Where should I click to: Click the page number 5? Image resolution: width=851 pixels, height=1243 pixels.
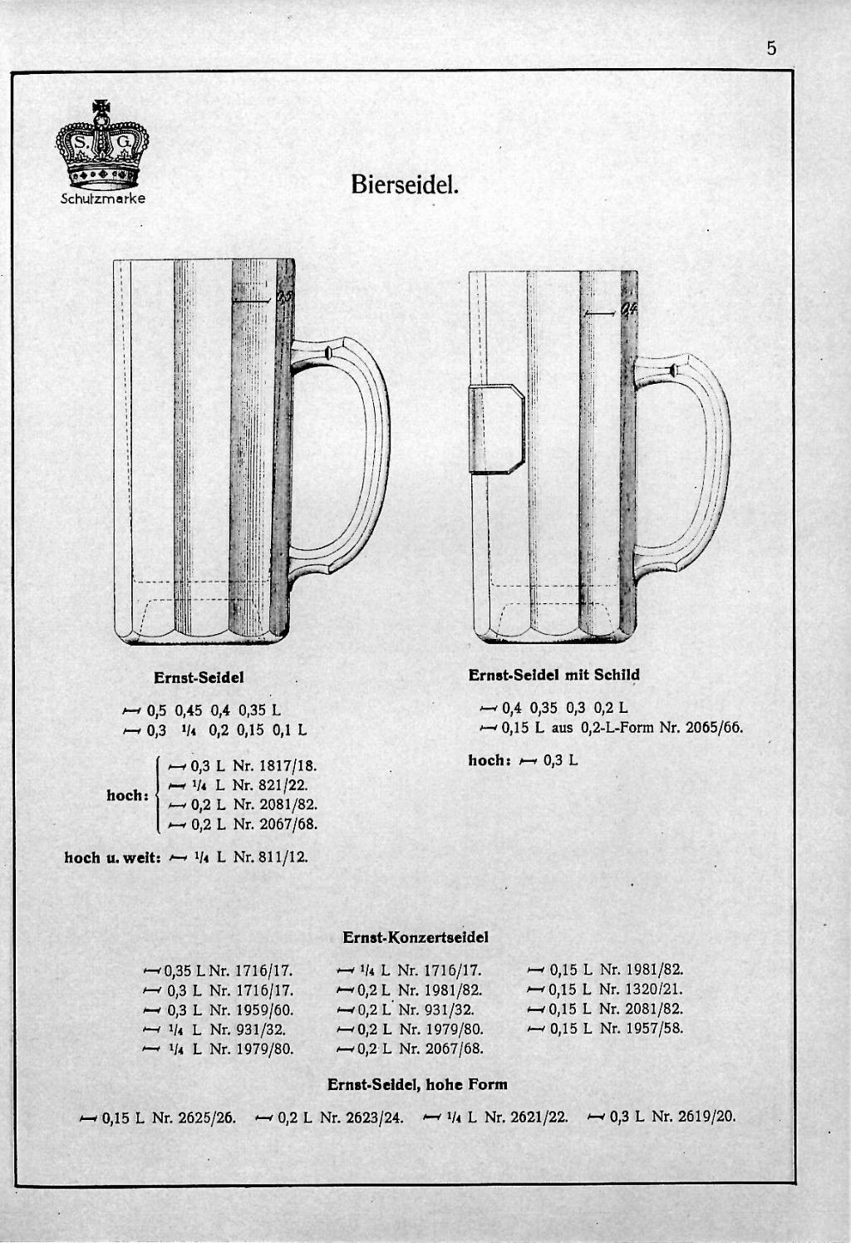point(771,49)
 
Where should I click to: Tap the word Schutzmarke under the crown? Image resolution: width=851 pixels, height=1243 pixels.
point(103,199)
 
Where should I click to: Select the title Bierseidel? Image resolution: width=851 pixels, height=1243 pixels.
point(405,184)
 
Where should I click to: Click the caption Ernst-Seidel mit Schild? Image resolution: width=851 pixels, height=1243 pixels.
point(553,675)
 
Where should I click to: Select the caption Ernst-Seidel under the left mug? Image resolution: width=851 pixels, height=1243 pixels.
point(199,677)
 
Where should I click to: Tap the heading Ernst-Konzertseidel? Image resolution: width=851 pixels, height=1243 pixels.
point(415,937)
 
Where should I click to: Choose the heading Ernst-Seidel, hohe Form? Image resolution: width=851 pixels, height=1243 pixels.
point(417,1084)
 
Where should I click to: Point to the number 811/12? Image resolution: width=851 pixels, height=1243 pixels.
point(282,857)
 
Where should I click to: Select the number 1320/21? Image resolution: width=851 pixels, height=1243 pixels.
point(652,990)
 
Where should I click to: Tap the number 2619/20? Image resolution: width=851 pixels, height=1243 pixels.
point(707,1116)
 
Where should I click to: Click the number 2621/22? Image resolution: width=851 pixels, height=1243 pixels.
point(539,1116)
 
